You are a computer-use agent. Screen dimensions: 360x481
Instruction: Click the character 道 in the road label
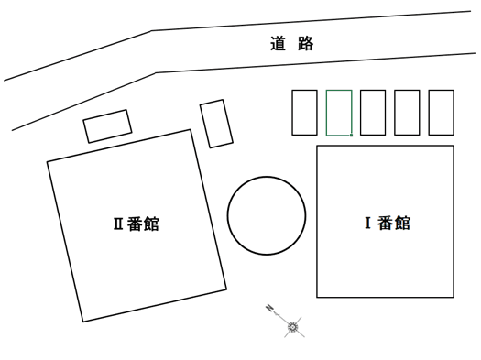coord(279,43)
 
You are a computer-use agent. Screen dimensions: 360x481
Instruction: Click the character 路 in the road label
coord(306,43)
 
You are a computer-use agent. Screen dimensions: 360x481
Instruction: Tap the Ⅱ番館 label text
coord(136,224)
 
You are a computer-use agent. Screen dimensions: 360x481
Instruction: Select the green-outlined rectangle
coord(339,113)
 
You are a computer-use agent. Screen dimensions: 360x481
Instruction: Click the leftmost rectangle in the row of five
coord(304,113)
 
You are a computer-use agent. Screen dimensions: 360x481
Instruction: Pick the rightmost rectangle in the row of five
coord(442,113)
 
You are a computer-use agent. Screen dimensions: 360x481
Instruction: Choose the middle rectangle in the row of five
coord(373,113)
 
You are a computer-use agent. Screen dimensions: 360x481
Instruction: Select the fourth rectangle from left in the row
coord(407,113)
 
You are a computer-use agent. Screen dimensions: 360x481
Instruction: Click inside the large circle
coord(267,215)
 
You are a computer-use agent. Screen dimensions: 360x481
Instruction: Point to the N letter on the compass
coord(269,307)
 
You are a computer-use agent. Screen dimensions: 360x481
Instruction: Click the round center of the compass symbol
coord(293,326)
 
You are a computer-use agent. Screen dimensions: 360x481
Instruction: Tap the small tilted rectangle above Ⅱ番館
coord(107,126)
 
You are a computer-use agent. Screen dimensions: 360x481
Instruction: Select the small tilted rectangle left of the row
coord(216,124)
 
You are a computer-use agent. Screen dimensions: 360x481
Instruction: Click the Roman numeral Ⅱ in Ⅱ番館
coord(118,224)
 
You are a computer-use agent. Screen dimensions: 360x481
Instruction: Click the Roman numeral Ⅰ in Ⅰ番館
coord(368,223)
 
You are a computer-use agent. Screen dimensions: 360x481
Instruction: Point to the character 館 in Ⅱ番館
coord(151,224)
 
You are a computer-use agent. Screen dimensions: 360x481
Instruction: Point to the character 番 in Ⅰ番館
coord(385,223)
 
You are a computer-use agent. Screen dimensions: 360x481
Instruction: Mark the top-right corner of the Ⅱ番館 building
coord(191,130)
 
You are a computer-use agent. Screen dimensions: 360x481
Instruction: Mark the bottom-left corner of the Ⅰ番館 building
coord(317,297)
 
